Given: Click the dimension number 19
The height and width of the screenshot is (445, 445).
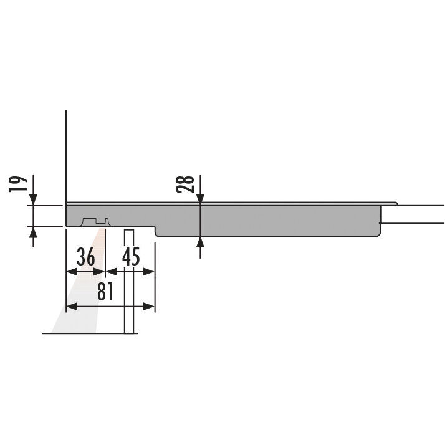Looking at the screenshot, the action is pyautogui.click(x=18, y=184).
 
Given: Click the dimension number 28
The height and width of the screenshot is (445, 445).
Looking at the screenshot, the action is pyautogui.click(x=185, y=184).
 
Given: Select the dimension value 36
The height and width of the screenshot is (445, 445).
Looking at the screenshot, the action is pyautogui.click(x=86, y=257).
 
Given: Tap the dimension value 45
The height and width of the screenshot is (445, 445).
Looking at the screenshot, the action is pyautogui.click(x=131, y=257).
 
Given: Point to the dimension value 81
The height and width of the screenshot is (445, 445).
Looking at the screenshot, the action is pyautogui.click(x=105, y=292).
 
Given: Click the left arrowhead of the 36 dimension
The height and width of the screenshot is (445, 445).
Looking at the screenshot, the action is pyautogui.click(x=72, y=272).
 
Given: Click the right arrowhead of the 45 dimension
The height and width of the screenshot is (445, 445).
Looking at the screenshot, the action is pyautogui.click(x=149, y=272).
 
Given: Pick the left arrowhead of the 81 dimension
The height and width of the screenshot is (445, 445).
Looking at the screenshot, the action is pyautogui.click(x=72, y=307).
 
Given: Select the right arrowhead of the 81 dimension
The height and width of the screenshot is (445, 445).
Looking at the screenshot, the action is pyautogui.click(x=149, y=307).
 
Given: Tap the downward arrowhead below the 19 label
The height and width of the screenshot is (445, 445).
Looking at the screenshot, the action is pyautogui.click(x=33, y=199).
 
